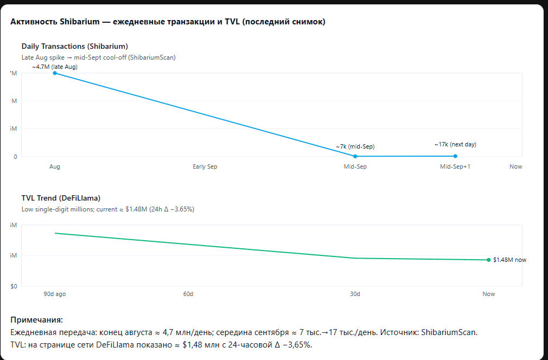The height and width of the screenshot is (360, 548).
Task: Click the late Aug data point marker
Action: click(x=55, y=73)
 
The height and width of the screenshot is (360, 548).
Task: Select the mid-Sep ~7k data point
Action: click(x=355, y=156)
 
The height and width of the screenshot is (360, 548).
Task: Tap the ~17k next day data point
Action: click(x=455, y=156)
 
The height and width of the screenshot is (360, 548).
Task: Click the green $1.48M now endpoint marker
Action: click(x=488, y=260)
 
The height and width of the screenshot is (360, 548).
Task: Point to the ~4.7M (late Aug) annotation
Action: click(x=55, y=67)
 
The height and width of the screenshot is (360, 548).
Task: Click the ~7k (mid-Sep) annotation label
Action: click(x=355, y=146)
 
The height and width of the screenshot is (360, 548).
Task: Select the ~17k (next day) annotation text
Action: click(x=455, y=144)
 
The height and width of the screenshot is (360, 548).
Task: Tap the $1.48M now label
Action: click(x=509, y=260)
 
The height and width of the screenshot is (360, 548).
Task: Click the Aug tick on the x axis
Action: click(x=55, y=166)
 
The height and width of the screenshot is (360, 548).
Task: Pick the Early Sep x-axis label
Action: click(x=205, y=166)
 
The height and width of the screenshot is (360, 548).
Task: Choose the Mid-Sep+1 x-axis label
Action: click(x=455, y=166)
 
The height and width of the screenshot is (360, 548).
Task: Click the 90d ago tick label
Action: click(x=55, y=294)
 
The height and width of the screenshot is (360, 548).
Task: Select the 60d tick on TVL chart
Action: click(x=188, y=294)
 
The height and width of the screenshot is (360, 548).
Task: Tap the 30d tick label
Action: click(x=355, y=294)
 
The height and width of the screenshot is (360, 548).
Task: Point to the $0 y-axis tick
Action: click(x=13, y=286)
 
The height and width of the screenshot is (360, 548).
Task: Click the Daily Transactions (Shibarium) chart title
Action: click(x=74, y=46)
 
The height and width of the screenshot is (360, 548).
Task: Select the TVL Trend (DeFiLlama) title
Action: click(x=61, y=198)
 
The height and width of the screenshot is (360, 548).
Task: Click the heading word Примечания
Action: click(x=36, y=320)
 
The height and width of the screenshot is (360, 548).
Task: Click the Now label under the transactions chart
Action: click(x=515, y=166)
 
